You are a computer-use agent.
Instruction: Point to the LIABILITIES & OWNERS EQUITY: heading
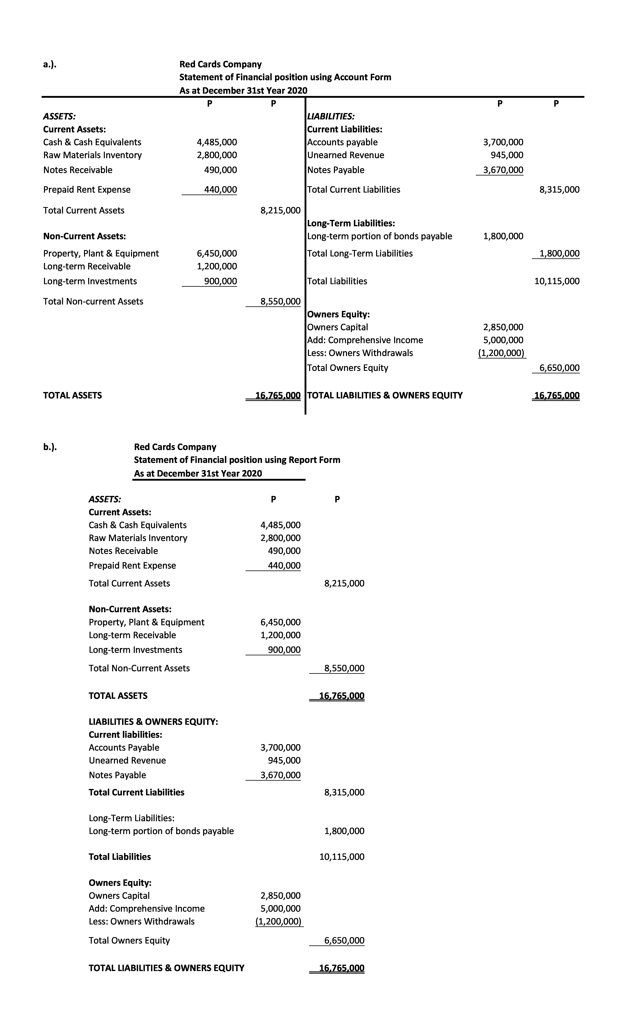tap(153, 722)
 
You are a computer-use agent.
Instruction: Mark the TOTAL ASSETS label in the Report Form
tap(118, 696)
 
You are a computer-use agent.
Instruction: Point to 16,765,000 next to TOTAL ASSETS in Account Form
tap(277, 396)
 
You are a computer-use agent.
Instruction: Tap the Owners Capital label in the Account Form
tap(337, 327)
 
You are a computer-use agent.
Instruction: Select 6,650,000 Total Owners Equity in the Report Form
tap(344, 941)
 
